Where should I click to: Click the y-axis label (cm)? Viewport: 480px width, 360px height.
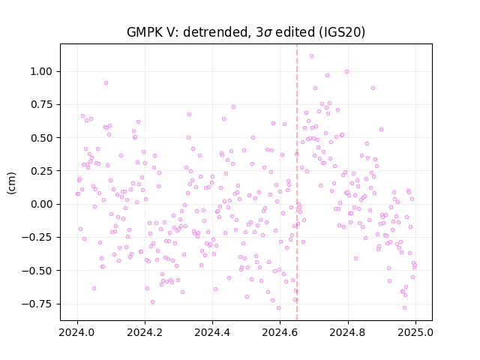11,183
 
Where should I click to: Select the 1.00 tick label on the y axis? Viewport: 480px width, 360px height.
41,72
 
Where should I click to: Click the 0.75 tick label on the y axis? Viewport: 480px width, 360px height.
41,105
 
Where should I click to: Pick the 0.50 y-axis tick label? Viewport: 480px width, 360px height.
41,138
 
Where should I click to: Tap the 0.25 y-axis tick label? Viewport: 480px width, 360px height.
41,171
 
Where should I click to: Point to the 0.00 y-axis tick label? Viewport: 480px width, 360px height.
41,204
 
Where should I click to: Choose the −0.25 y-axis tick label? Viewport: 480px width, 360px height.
37,237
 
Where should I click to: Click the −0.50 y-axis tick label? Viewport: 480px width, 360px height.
37,271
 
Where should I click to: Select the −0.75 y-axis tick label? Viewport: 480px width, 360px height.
37,304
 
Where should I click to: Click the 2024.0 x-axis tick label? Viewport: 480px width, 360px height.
77,332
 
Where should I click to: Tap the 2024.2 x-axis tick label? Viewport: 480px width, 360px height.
145,332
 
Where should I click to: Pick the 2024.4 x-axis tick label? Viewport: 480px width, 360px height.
212,332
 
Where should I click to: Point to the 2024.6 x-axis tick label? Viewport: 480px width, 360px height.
280,332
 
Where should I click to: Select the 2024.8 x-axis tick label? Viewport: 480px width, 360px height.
348,332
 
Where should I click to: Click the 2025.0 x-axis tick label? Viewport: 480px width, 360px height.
415,332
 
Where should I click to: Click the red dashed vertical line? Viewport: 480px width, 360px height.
297,182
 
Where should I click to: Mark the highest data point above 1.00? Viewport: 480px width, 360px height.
312,55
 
